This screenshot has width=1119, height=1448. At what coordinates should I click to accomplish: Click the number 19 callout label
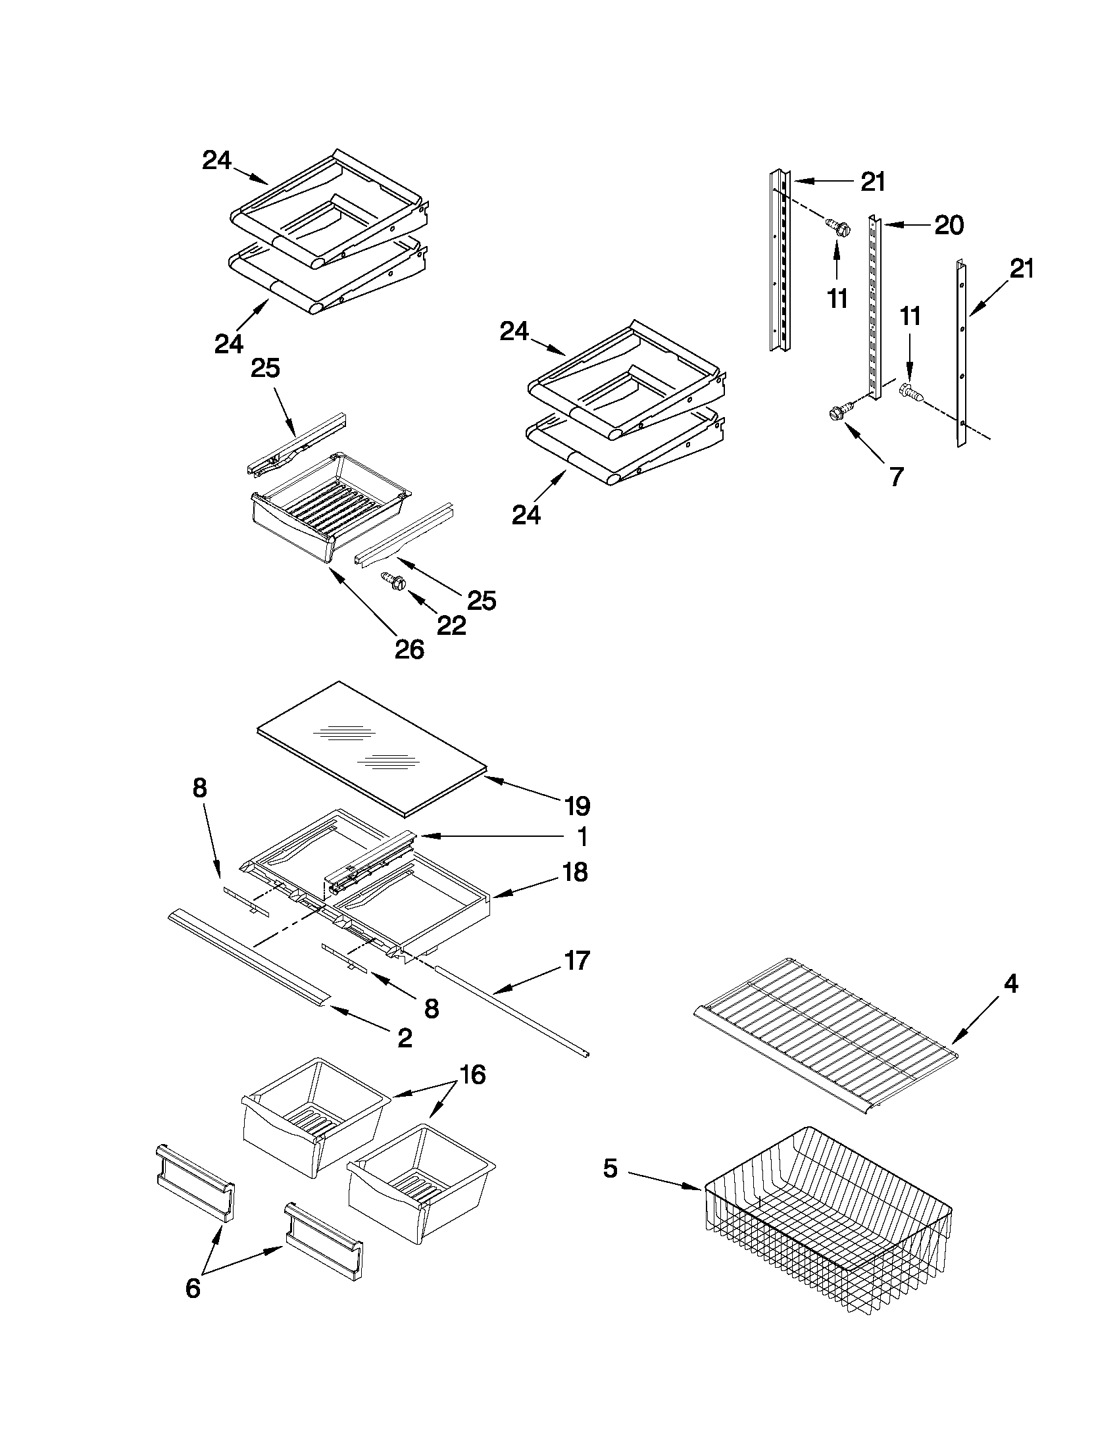tap(578, 806)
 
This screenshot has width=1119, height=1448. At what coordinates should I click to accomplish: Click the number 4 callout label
tap(1010, 984)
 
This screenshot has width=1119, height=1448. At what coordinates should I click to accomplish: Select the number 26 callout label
tap(409, 649)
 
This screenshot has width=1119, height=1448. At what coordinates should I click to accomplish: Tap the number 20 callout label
tap(949, 226)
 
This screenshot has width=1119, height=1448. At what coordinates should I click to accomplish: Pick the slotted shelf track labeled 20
tap(875, 305)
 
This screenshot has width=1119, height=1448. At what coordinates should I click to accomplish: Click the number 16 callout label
tap(472, 1074)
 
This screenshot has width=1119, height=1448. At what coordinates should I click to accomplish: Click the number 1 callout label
tap(582, 837)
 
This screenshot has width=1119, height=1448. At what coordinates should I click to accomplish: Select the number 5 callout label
tap(610, 1169)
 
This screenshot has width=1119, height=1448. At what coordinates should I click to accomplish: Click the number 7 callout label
tap(895, 476)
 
